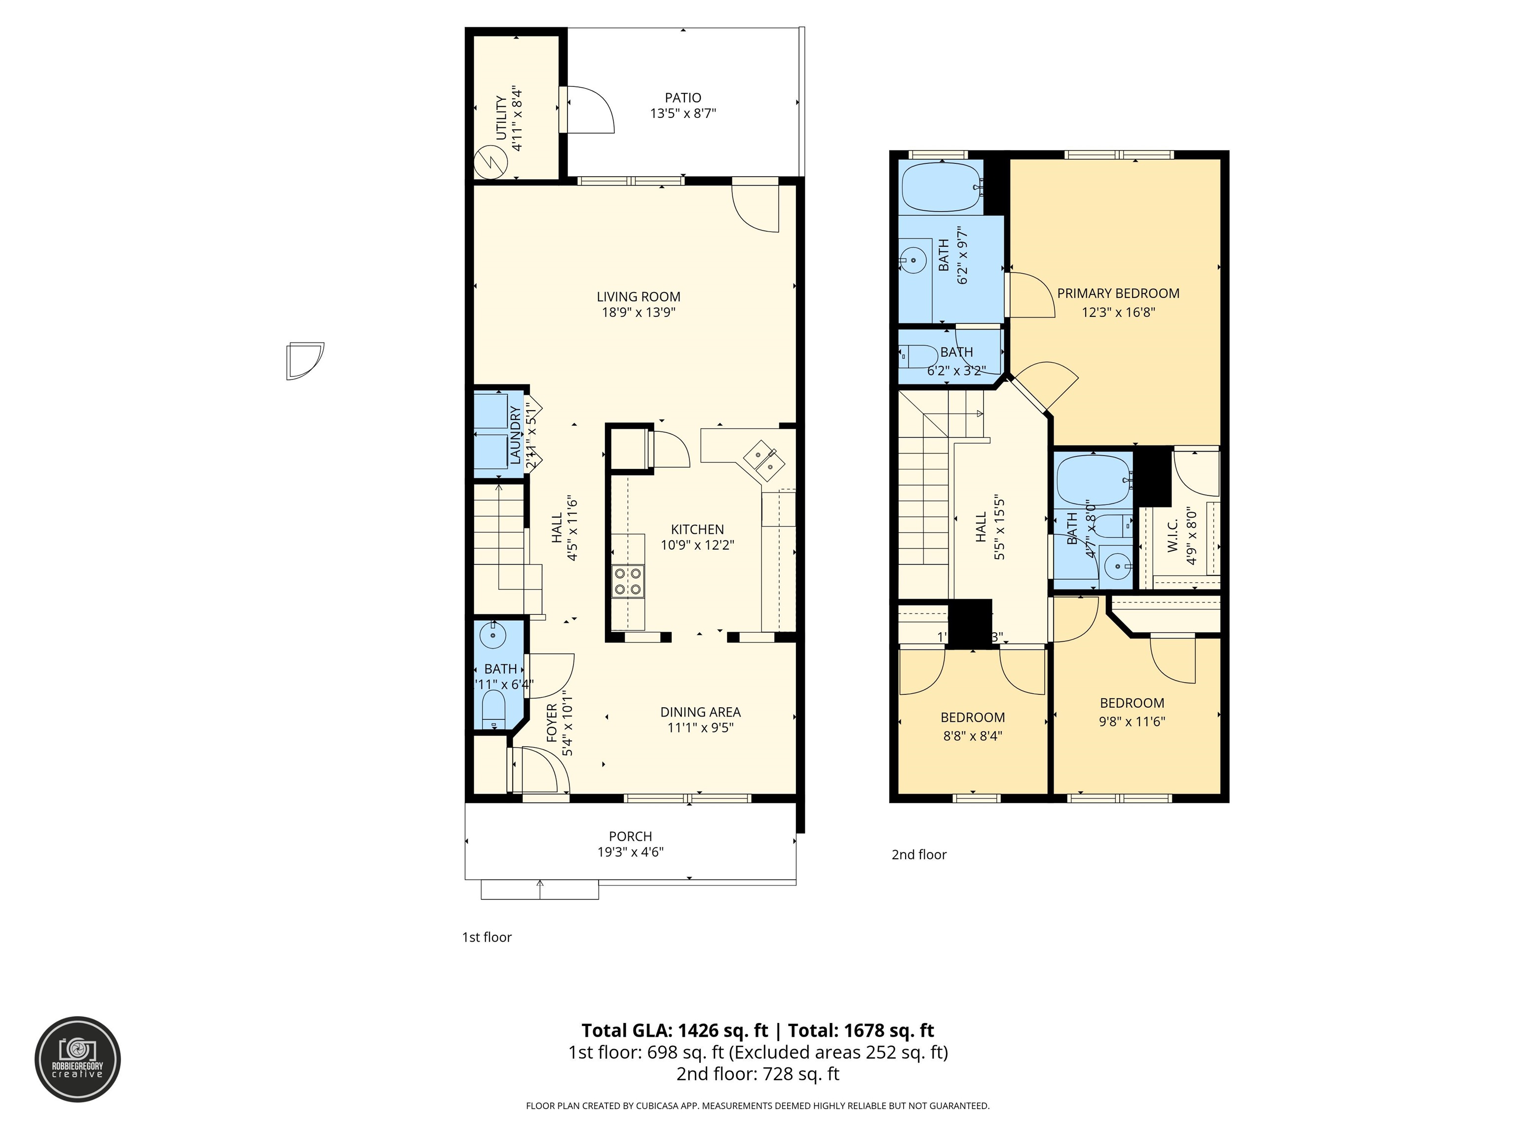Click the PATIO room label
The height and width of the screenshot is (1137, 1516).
click(x=682, y=98)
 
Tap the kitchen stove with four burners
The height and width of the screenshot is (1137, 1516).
click(x=629, y=580)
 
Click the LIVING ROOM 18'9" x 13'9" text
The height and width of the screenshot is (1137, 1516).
click(x=638, y=305)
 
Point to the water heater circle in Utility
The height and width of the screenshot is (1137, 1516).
click(x=491, y=162)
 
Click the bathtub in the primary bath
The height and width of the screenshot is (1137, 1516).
click(x=942, y=187)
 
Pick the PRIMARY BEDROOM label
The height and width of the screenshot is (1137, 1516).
click(x=1118, y=293)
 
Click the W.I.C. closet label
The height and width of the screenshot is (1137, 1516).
click(x=1172, y=535)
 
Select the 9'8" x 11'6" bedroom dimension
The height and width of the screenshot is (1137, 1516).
click(x=1132, y=721)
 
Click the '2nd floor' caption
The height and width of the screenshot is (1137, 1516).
click(x=918, y=855)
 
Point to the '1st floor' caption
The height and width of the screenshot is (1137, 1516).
click(x=487, y=938)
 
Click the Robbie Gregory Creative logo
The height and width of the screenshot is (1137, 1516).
click(x=77, y=1059)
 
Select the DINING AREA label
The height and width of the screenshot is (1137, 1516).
click(x=700, y=712)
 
